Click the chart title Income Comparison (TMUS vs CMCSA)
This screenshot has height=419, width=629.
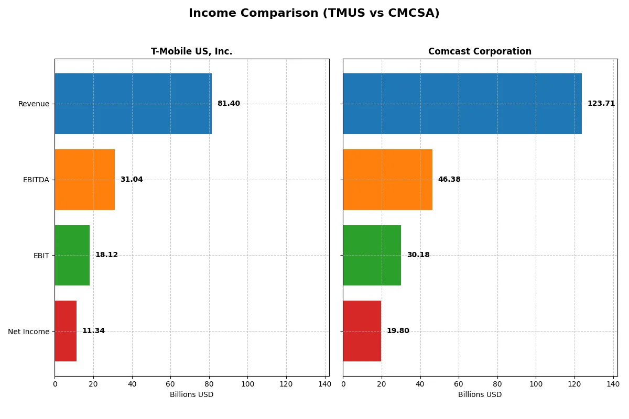tap(314, 13)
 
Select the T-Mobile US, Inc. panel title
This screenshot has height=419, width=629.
tap(191, 51)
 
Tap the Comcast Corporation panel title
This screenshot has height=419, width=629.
tap(480, 51)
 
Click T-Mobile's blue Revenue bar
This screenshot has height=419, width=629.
tap(133, 104)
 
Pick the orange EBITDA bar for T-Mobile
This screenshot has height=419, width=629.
tap(84, 180)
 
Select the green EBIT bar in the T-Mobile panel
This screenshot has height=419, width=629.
tap(72, 255)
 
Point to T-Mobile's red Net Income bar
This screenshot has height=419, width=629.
tap(66, 331)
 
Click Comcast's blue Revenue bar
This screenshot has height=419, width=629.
tap(462, 104)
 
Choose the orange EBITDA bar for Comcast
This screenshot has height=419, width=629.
tap(388, 180)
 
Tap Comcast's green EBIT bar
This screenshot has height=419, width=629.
tap(372, 255)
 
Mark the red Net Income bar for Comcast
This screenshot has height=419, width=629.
tap(362, 331)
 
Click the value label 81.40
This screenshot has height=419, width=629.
tap(229, 104)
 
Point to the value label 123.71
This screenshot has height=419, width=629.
tap(601, 104)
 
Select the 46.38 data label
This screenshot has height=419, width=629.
tap(449, 180)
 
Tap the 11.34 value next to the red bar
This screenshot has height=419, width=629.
tap(93, 331)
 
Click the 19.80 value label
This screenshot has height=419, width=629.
tap(398, 331)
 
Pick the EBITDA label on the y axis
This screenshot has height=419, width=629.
tap(36, 180)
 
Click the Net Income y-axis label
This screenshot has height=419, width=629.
tap(29, 332)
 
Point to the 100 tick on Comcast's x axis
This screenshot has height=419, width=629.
tap(536, 384)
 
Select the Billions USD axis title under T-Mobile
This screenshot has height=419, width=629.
tap(191, 394)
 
